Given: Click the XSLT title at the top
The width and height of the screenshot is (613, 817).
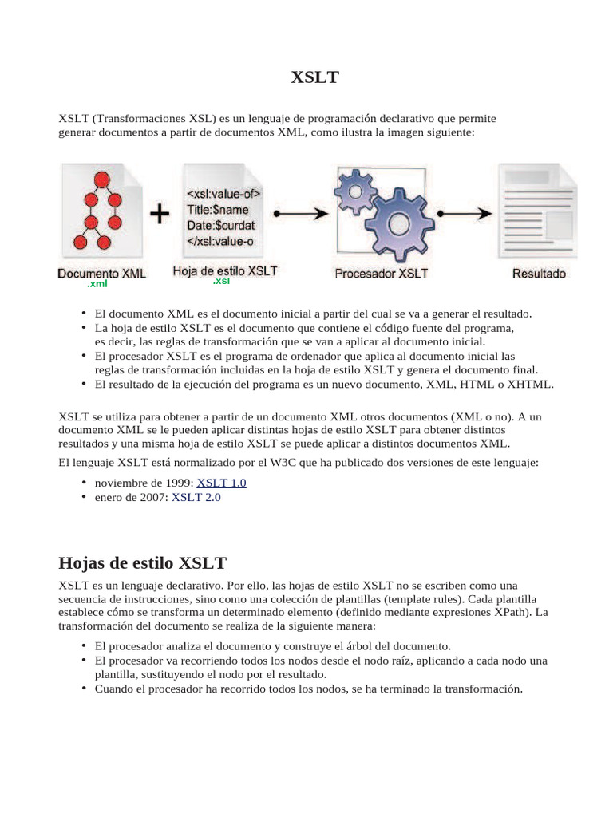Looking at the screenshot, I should pos(314,77).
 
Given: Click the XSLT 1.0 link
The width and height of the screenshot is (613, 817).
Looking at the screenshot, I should pos(221,483).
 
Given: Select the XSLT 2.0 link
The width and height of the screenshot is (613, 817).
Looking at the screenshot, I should pos(196,497).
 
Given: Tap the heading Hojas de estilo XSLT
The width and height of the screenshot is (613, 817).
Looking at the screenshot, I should pos(143,563).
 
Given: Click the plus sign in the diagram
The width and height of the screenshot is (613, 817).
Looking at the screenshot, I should pos(160,214).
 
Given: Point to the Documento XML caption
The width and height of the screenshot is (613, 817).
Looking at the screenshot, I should pos(101,273).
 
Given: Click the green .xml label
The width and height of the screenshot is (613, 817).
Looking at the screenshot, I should pos(97,284).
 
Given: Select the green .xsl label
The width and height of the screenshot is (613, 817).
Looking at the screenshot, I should pos(221,282).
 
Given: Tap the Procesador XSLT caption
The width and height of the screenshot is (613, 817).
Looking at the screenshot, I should pos(382,273).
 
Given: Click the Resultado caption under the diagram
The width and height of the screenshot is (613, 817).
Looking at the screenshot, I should pos(539,273).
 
